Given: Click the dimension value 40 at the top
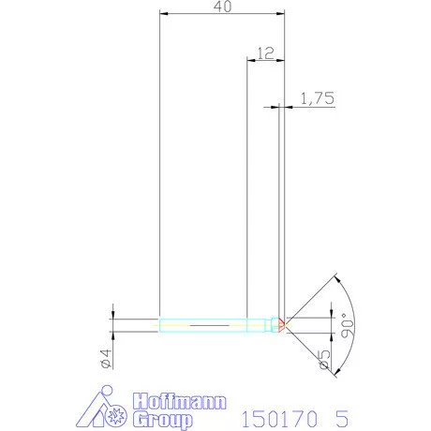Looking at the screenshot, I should coord(222,7).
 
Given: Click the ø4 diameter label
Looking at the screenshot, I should coord(106,357).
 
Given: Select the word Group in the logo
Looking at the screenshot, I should coord(161,418).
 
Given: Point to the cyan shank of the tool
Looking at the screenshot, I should coord(201,325).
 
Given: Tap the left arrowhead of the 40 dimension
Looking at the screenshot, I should coord(163,15).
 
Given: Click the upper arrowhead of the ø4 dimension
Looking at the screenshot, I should coord(112,316).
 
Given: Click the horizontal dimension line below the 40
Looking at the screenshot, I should coord(222,15).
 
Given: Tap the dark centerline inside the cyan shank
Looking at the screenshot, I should coord(211,325).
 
